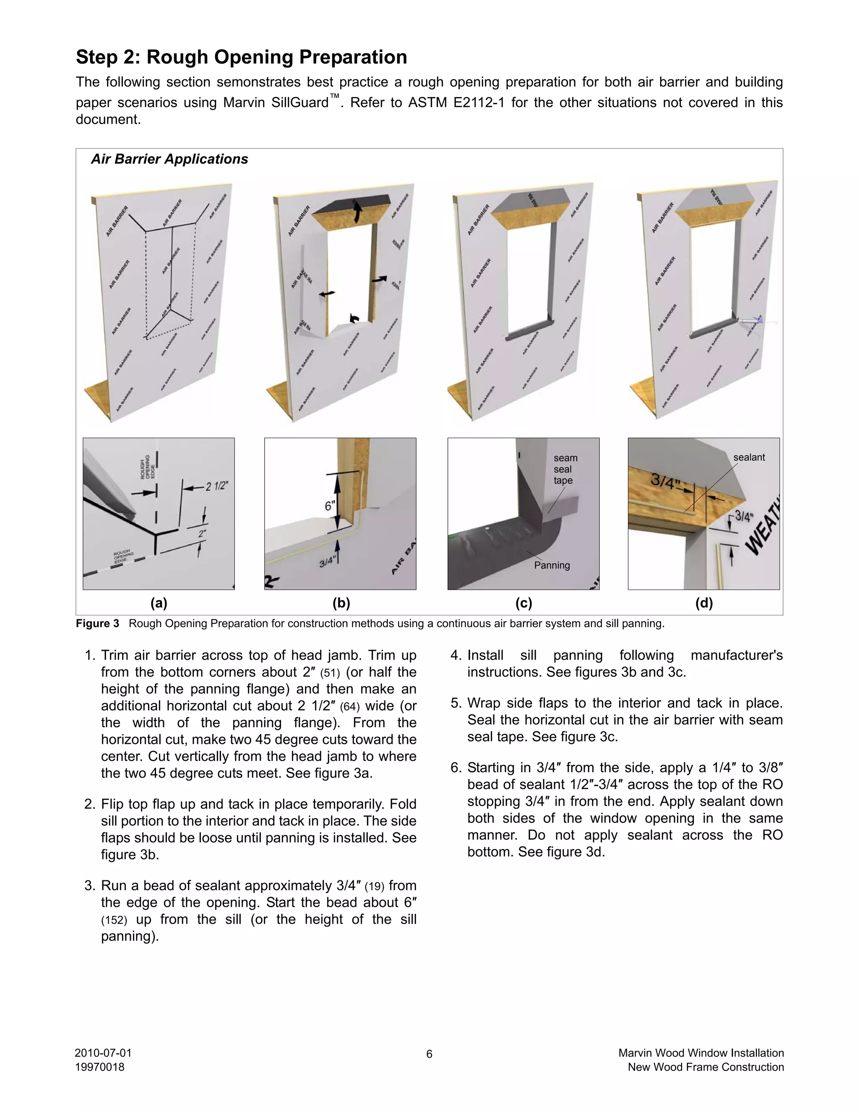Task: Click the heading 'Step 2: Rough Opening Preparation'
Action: point(241,57)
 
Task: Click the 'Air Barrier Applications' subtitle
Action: point(169,159)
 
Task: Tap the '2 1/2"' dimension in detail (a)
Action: point(216,486)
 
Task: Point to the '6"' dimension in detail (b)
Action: point(330,506)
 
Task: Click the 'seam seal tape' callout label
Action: point(565,469)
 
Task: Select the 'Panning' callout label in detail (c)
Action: point(552,565)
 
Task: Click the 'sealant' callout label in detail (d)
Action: point(749,457)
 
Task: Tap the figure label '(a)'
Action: point(159,603)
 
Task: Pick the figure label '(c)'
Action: point(523,603)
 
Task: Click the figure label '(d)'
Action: point(704,603)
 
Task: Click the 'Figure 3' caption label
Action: point(97,624)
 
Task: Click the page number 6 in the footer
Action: point(429,1054)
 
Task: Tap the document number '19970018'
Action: point(100,1067)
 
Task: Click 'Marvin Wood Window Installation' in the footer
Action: point(701,1053)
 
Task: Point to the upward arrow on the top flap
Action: point(357,210)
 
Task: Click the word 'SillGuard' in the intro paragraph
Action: point(300,103)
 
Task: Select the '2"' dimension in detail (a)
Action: point(203,534)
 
